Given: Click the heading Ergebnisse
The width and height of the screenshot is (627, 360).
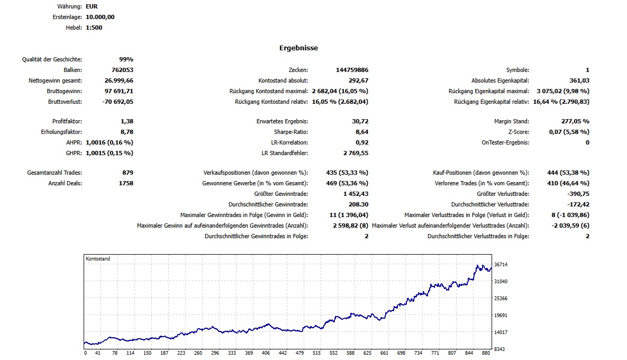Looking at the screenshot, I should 298,48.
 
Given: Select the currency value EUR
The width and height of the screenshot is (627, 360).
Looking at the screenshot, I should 92,6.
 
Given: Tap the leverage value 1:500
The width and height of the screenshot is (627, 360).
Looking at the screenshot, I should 94,28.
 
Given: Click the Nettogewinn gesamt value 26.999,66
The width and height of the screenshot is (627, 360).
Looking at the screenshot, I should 119,80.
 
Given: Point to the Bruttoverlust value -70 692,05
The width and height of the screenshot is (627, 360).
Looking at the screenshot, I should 118,101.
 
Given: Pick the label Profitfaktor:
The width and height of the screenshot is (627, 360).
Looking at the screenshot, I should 67,121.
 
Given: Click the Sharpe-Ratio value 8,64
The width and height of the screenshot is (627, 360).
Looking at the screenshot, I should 362,132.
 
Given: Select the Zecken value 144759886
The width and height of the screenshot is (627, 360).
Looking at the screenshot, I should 352,70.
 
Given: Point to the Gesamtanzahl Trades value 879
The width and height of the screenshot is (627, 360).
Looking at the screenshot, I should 127,173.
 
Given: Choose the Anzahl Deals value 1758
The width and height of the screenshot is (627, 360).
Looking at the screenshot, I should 125,183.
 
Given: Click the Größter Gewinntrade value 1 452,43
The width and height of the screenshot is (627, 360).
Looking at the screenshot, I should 356,194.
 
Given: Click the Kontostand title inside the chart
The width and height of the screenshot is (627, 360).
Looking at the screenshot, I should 98,259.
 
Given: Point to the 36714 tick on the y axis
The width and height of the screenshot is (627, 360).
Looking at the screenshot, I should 501,264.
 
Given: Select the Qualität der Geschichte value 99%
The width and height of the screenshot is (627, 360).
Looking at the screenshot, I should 126,59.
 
